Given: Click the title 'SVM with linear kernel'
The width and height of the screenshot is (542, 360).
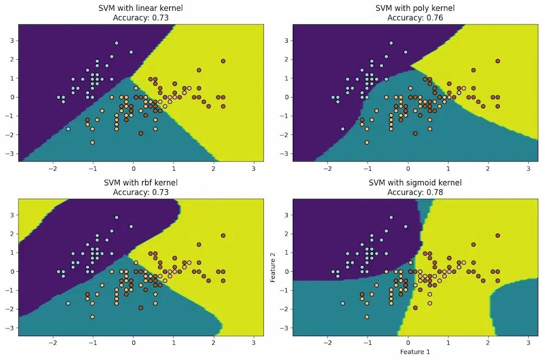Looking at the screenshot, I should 140,8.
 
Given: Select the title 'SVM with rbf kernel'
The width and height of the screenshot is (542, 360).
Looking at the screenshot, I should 140,183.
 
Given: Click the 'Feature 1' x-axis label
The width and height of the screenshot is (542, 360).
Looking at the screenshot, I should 415,352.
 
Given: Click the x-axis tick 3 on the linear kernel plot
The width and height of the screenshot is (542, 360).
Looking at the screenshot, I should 254,169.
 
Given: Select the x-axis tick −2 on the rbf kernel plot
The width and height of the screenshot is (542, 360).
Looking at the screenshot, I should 53,343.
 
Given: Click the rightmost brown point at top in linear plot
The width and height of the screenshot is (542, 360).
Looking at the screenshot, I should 223,61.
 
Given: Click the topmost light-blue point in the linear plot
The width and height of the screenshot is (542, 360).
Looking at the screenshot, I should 116,43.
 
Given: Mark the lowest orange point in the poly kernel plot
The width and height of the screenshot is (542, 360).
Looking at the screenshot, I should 367,143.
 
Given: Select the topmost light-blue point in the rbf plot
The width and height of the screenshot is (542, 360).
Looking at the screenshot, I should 116,217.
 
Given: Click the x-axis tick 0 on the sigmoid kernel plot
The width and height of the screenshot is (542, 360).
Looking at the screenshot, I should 408,343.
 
